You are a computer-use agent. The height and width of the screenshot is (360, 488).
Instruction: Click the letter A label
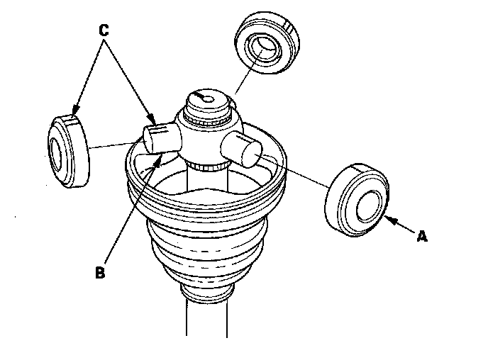pos(422,236)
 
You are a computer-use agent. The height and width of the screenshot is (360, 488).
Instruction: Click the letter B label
pos(100,272)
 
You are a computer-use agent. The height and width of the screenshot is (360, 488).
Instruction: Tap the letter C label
pos(104,30)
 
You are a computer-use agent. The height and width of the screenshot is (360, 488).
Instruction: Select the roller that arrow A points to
pos(357,200)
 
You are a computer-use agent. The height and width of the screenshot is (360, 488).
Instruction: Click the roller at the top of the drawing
pos(267,43)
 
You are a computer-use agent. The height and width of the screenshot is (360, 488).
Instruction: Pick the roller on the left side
pos(68,151)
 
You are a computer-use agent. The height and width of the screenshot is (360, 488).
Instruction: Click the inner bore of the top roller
pos(264,49)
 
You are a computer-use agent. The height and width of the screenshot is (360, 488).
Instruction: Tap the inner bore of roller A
pos(369,206)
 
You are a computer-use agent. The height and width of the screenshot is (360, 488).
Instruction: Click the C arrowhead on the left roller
pos(75,111)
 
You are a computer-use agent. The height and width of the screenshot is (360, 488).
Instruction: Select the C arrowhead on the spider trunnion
pos(151,119)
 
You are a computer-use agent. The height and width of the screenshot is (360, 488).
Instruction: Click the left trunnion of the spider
pos(162,137)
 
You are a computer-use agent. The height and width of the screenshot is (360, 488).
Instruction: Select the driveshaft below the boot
pos(207,318)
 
